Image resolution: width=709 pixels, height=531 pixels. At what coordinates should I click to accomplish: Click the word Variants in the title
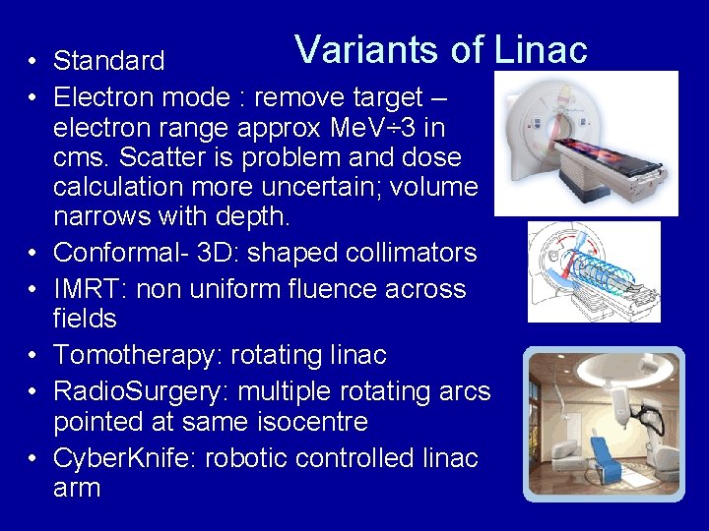click(358, 48)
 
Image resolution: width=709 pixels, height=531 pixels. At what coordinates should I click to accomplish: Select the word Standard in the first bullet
click(109, 61)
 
